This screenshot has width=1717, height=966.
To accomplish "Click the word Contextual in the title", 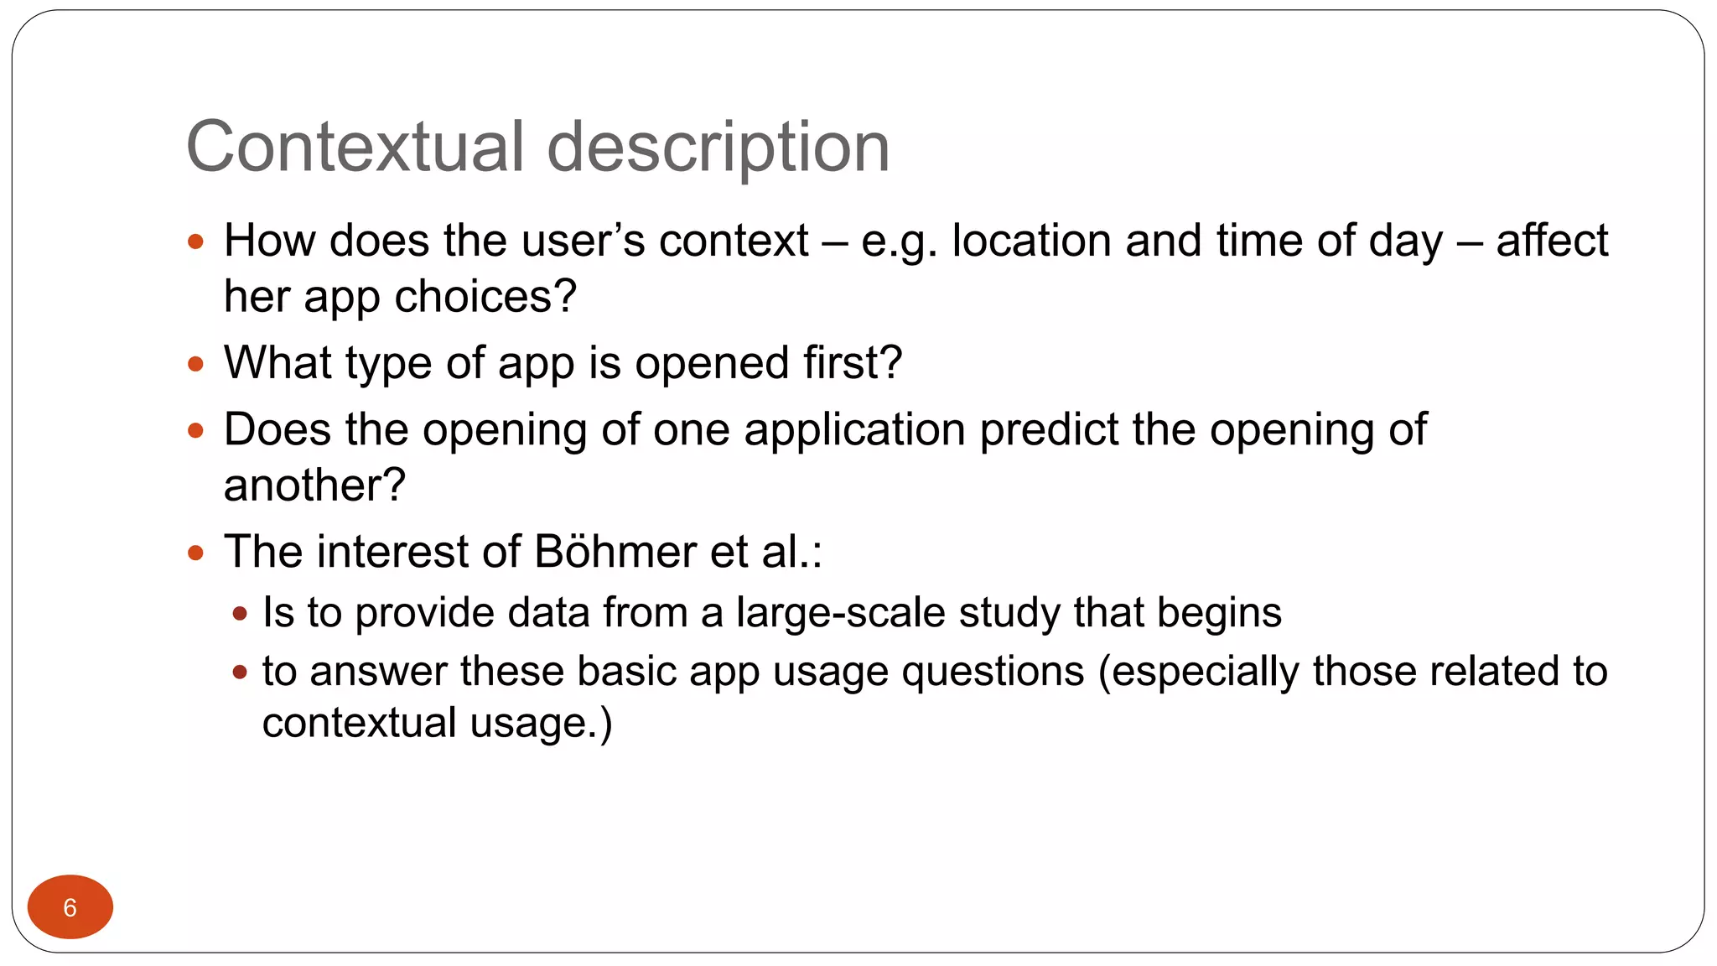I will coord(355,148).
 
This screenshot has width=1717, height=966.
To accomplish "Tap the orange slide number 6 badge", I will coord(70,907).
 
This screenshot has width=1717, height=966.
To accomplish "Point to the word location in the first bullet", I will coord(1032,241).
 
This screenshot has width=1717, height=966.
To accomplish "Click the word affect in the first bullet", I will coord(1552,241).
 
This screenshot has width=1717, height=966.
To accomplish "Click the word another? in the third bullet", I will coord(314,486).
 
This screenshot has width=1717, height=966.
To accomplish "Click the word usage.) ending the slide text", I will coord(542,723).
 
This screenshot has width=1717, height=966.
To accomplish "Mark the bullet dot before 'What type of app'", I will coord(196,365).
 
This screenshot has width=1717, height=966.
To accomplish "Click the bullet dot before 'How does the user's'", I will coord(196,242).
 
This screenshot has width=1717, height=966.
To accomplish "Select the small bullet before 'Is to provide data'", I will coord(241,614).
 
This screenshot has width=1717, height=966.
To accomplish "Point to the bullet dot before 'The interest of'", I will coord(196,553).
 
